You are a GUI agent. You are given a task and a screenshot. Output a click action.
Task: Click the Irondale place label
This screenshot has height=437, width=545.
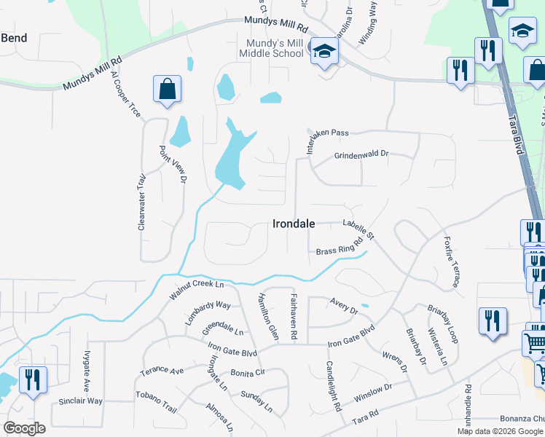294,224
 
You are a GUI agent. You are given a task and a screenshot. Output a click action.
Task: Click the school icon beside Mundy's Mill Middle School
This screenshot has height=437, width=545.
324,52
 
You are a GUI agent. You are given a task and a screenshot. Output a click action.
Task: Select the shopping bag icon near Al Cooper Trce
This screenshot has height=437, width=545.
167,90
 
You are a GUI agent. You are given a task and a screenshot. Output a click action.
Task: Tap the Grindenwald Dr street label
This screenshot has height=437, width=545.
362,155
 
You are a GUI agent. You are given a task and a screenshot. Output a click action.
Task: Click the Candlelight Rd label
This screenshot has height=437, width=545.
334,385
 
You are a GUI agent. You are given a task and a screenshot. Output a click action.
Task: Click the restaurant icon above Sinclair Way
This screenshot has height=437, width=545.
33,380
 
